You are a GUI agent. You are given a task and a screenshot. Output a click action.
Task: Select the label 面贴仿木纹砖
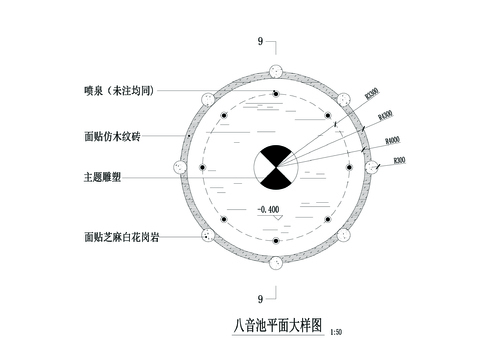[x=112, y=135]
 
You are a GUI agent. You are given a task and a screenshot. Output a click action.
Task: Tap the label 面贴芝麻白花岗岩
[x=118, y=237]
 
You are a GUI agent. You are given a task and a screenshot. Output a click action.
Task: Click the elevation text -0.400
[x=267, y=209]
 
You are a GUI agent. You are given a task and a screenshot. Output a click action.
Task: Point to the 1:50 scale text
[x=335, y=331]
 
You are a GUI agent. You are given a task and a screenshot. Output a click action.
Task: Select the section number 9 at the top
[x=260, y=42]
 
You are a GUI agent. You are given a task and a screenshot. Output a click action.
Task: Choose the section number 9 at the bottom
[x=260, y=298]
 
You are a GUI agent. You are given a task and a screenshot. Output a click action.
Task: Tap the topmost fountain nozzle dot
[x=274, y=96]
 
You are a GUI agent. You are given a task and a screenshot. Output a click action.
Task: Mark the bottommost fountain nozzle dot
[x=274, y=240]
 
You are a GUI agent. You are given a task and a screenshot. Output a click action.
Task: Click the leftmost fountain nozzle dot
[x=201, y=168]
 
